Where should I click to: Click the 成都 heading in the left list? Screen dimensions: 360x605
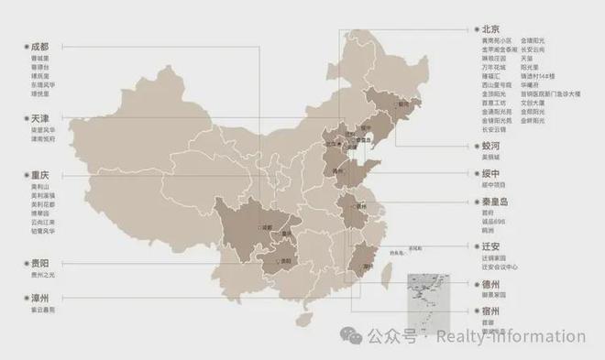tap(38, 45)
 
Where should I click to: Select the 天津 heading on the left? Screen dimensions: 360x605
tap(38, 119)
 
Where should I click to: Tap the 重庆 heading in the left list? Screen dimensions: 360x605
tap(38, 174)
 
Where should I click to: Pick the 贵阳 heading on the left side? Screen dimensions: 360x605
tap(38, 263)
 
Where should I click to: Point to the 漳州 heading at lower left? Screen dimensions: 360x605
tap(38, 299)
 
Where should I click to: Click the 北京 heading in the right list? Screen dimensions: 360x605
tap(493, 29)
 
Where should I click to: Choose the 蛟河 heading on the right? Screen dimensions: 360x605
tap(493, 146)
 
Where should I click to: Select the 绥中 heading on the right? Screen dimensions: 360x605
tap(493, 173)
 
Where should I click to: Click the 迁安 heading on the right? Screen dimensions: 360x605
tap(493, 246)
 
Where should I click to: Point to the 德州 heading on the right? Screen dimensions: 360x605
tap(493, 285)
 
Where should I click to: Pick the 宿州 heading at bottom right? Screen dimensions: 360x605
tap(493, 311)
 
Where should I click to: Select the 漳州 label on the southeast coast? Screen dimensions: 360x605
tap(368, 266)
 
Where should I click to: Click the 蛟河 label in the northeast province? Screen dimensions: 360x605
tap(403, 104)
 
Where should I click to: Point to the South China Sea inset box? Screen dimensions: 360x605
tap(424, 293)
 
